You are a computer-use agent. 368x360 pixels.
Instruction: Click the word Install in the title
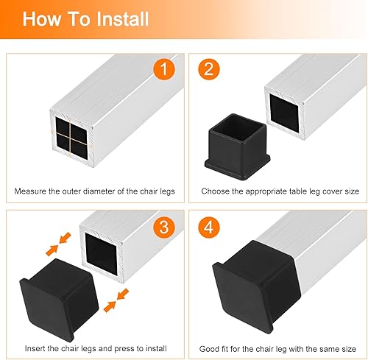(x=123, y=19)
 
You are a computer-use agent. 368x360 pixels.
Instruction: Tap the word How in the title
(x=42, y=19)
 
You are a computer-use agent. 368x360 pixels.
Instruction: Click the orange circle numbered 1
(x=164, y=69)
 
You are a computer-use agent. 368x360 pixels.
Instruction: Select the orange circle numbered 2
(x=209, y=69)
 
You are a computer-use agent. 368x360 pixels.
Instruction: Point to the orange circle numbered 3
(x=164, y=227)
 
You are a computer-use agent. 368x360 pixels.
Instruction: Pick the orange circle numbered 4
(x=209, y=227)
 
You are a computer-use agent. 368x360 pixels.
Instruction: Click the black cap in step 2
(x=238, y=147)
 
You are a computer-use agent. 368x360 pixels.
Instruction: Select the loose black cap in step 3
(x=59, y=300)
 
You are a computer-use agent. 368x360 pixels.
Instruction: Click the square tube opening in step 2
(x=285, y=113)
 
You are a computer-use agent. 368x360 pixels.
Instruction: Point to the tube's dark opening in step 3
(x=101, y=254)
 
